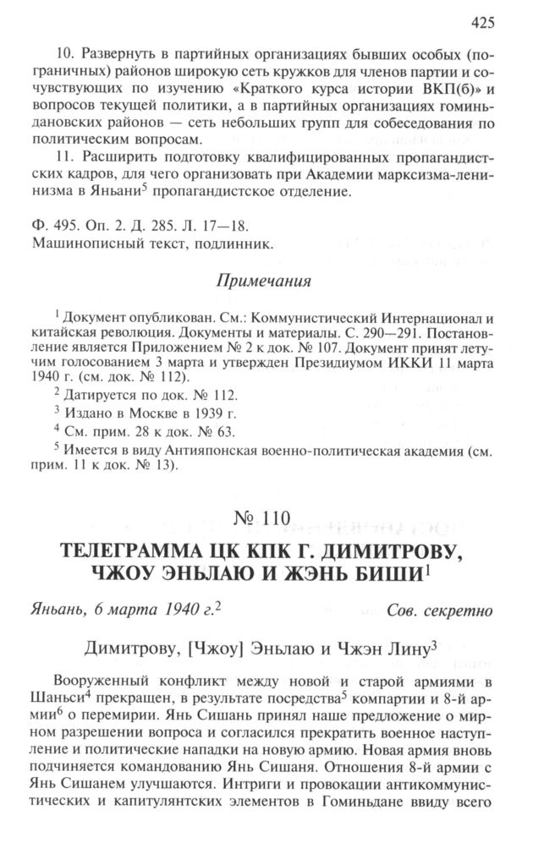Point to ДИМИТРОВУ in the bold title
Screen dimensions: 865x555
coord(386,551)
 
